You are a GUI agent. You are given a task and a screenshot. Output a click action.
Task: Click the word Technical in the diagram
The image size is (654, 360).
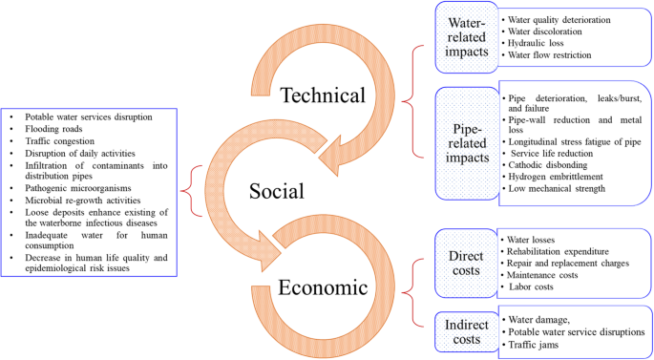(x=324, y=95)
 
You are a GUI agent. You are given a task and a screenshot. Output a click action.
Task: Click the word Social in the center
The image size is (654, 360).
(x=276, y=191)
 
